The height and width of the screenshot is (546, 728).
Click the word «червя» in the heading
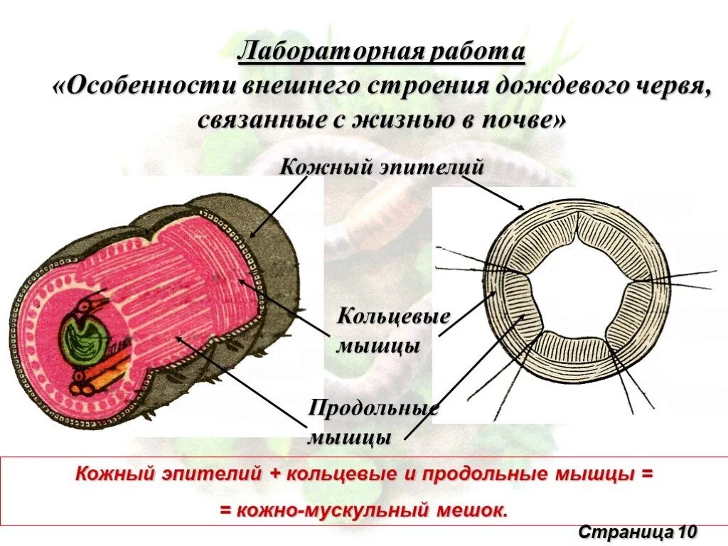(x=670, y=88)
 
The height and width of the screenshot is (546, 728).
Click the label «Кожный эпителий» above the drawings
(x=382, y=168)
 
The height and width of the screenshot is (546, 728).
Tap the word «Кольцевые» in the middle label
(x=393, y=316)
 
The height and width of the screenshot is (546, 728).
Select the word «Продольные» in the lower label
(x=373, y=409)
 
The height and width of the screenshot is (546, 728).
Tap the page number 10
(x=688, y=532)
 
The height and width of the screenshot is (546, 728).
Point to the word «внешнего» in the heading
(x=301, y=88)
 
